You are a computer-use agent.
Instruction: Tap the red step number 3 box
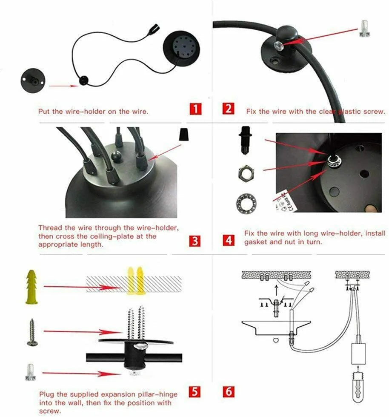click(195, 241)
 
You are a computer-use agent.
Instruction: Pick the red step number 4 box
click(229, 241)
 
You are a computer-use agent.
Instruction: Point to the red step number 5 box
click(195, 391)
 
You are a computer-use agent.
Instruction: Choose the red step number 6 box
click(229, 391)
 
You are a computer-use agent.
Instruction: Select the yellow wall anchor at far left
click(31, 286)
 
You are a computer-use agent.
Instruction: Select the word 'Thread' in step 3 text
click(49, 227)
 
